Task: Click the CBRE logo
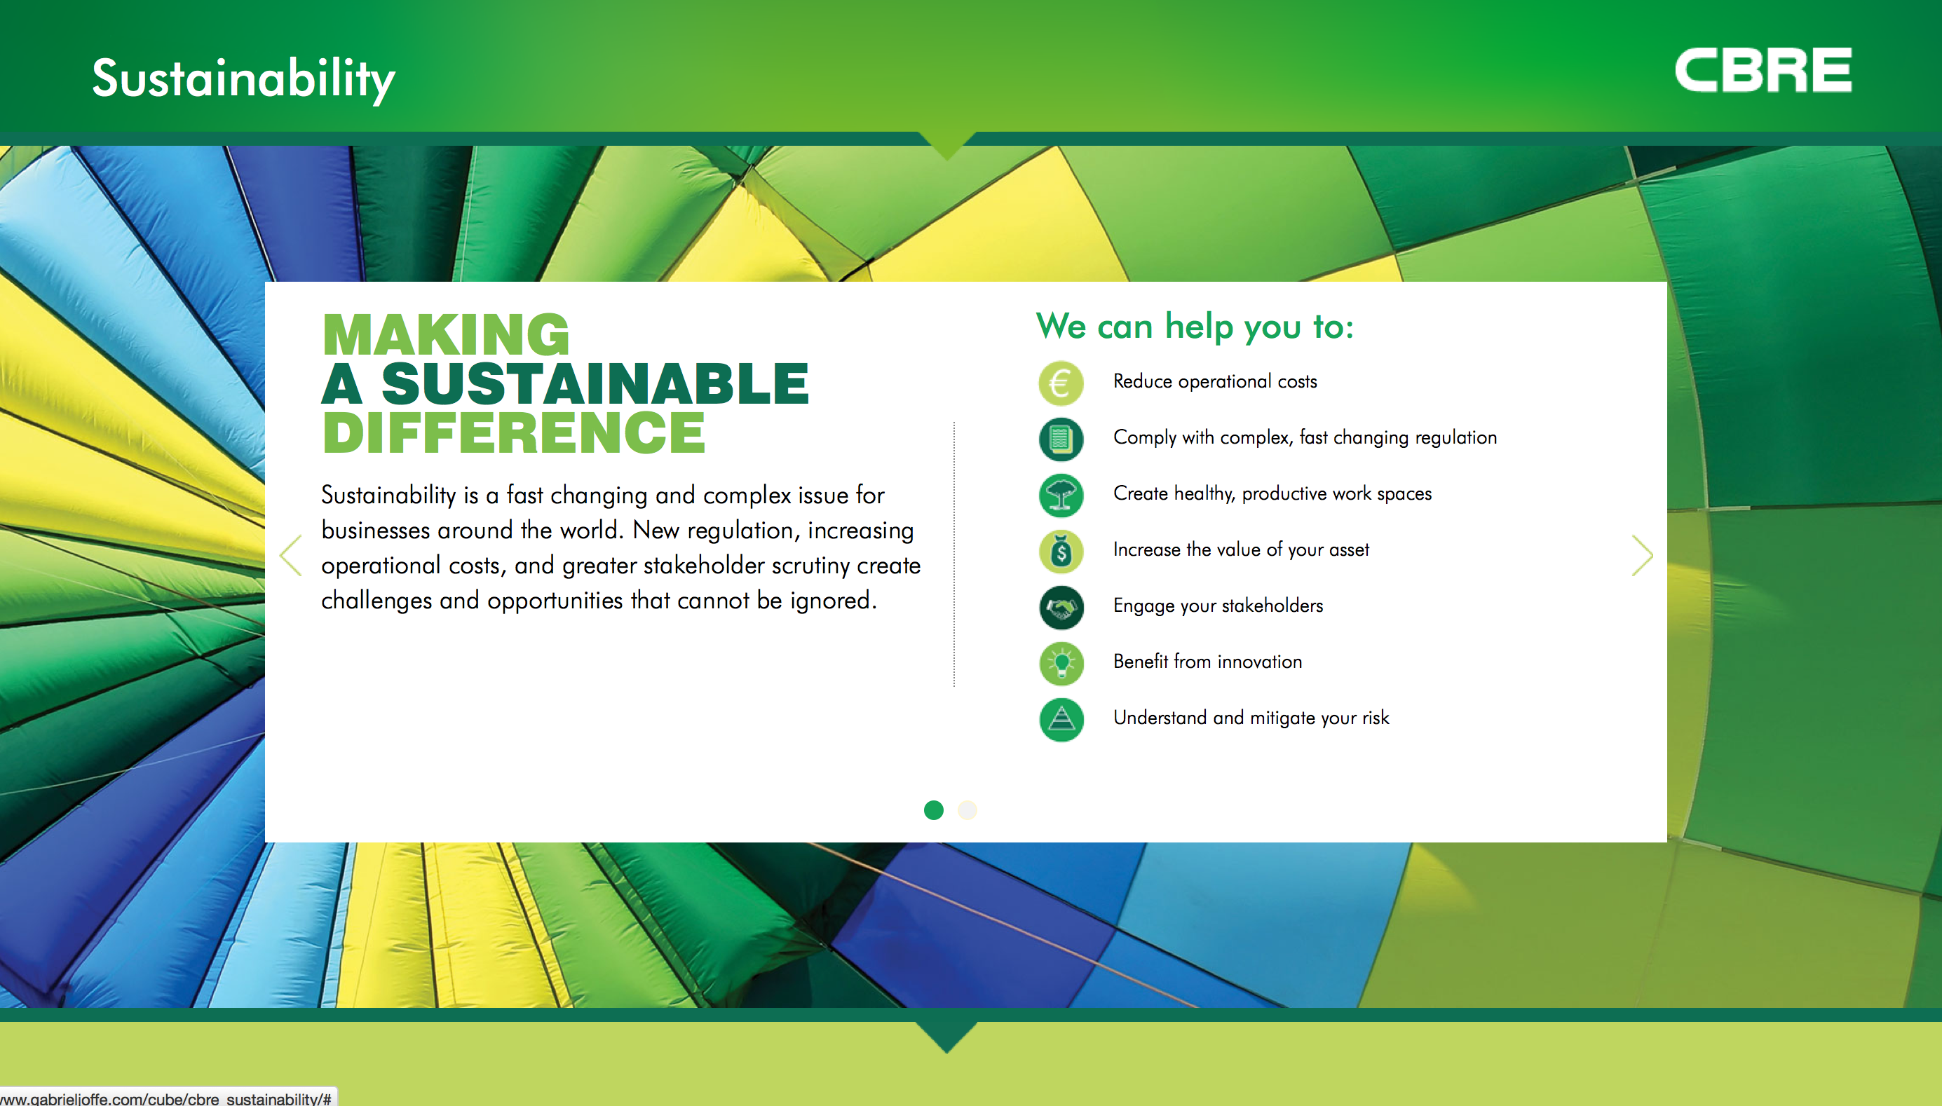1763,70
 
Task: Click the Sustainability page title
243,79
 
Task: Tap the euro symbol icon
1061,383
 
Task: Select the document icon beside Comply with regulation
1061,439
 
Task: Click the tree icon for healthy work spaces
1061,496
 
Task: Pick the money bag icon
1061,552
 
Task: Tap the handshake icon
1061,608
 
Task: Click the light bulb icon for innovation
1061,664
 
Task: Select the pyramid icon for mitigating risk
1061,719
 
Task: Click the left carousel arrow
290,555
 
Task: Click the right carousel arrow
1642,555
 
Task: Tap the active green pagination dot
933,810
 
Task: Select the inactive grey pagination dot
967,810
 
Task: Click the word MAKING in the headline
446,334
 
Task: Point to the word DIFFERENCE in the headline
514,432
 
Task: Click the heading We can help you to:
1195,327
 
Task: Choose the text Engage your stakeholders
1218,606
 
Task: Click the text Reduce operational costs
1215,381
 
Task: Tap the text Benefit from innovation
1207,662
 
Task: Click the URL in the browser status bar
165,1098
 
